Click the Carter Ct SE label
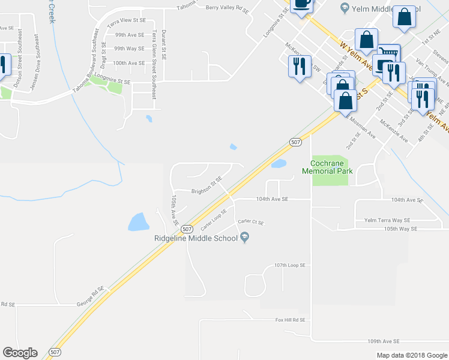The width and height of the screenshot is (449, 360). [251, 222]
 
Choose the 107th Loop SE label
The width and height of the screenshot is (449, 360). [290, 265]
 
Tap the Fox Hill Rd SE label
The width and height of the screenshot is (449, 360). [291, 320]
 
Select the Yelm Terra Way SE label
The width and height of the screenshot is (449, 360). [387, 220]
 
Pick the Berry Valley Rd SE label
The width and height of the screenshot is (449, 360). [226, 8]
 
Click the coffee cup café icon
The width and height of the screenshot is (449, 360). [301, 4]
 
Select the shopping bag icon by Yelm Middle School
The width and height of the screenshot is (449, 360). [405, 18]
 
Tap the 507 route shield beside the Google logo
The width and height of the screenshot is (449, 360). [55, 353]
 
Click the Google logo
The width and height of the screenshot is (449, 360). [20, 353]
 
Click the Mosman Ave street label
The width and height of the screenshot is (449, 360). [364, 127]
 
